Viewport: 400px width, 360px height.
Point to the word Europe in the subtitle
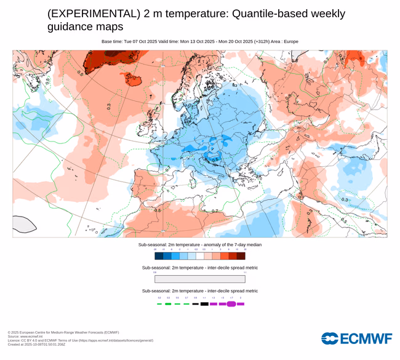(x=290, y=41)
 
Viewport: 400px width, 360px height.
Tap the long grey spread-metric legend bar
(x=200, y=279)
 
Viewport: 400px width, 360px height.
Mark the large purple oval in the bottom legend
(x=231, y=303)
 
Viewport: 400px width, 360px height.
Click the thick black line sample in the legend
(x=204, y=303)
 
